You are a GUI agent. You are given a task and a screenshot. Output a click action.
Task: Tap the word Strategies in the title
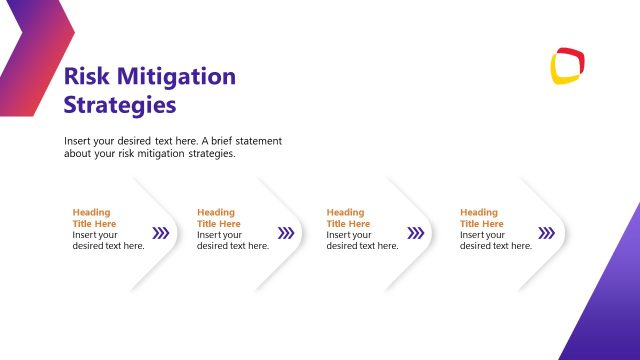(119, 104)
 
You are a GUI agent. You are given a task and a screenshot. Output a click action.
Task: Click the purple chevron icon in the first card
(160, 233)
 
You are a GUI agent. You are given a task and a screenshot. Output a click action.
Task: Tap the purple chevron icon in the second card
(286, 233)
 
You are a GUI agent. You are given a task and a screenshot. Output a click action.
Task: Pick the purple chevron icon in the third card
(416, 233)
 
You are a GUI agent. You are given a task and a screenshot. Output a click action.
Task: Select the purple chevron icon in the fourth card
(546, 233)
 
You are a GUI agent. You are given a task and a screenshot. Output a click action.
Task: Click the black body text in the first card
(108, 240)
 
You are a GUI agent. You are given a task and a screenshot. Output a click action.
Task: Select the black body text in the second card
(232, 240)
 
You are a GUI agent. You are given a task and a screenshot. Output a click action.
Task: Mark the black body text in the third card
(362, 240)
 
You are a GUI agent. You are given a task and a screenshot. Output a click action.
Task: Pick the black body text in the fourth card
(495, 240)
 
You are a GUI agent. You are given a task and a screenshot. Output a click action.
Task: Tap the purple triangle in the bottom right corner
(610, 310)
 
